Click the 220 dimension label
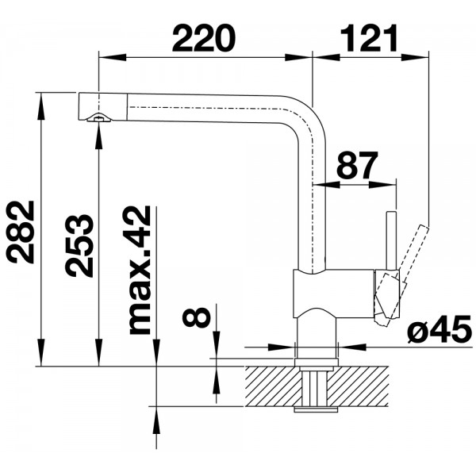click(x=204, y=39)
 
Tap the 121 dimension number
click(x=369, y=39)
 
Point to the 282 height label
click(x=21, y=232)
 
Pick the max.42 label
click(x=140, y=271)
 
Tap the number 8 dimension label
click(x=197, y=317)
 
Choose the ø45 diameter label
click(x=440, y=328)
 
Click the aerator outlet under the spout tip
click(x=98, y=117)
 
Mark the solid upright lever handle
click(x=391, y=240)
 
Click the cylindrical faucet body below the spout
click(x=333, y=294)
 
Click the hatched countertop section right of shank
click(x=359, y=386)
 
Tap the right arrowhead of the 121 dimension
click(x=415, y=57)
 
